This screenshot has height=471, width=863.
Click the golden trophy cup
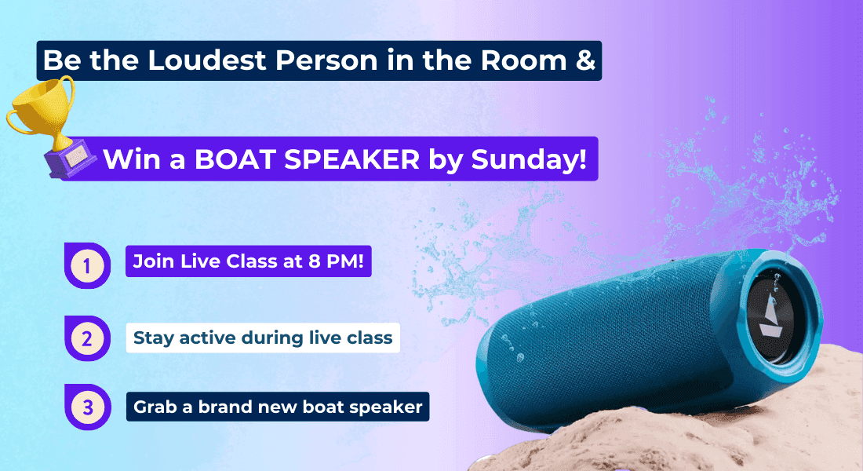coord(42,110)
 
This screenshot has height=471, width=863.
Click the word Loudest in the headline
coord(207,60)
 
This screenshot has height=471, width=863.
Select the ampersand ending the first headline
coord(585,60)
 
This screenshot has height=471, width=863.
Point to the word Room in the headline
coord(523,60)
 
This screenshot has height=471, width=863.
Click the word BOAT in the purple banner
coord(235,159)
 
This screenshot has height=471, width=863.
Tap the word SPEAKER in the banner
coord(351,159)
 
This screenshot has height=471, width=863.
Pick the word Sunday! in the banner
coord(529,160)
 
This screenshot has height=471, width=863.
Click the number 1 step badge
coord(87,265)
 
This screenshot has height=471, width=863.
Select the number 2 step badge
coord(87,338)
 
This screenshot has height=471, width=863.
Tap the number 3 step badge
coord(88,407)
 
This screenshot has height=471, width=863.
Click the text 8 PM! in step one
coord(337,261)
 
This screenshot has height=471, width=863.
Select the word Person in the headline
coord(326,60)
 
